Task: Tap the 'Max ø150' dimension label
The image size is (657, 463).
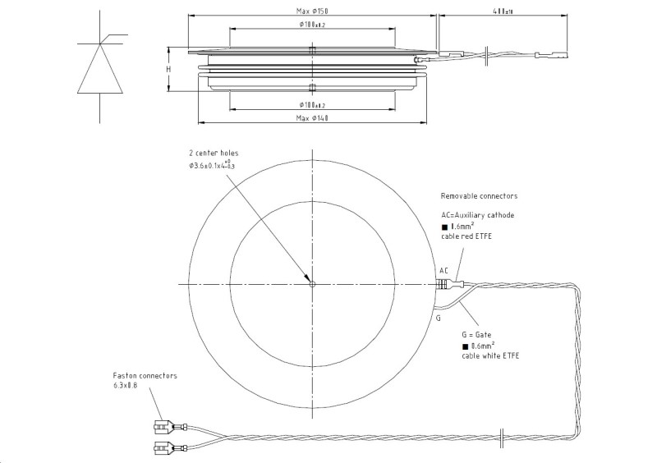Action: pyautogui.click(x=312, y=11)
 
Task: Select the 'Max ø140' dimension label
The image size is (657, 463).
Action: pyautogui.click(x=312, y=119)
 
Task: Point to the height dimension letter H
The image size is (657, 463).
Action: pyautogui.click(x=168, y=69)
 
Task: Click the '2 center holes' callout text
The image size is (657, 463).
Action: pyautogui.click(x=214, y=153)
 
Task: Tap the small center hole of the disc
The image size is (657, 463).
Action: pyautogui.click(x=312, y=285)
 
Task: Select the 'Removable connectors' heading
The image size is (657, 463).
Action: pyautogui.click(x=479, y=196)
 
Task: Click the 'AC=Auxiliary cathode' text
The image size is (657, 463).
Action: pyautogui.click(x=477, y=214)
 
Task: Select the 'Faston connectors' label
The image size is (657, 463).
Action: pyautogui.click(x=145, y=375)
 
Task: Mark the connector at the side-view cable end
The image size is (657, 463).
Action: pyautogui.click(x=547, y=57)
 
